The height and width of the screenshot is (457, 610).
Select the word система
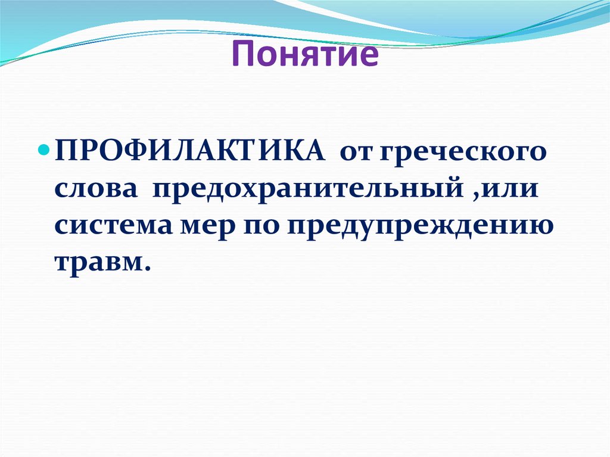click(x=111, y=228)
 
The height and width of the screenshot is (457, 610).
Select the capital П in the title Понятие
click(x=242, y=55)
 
